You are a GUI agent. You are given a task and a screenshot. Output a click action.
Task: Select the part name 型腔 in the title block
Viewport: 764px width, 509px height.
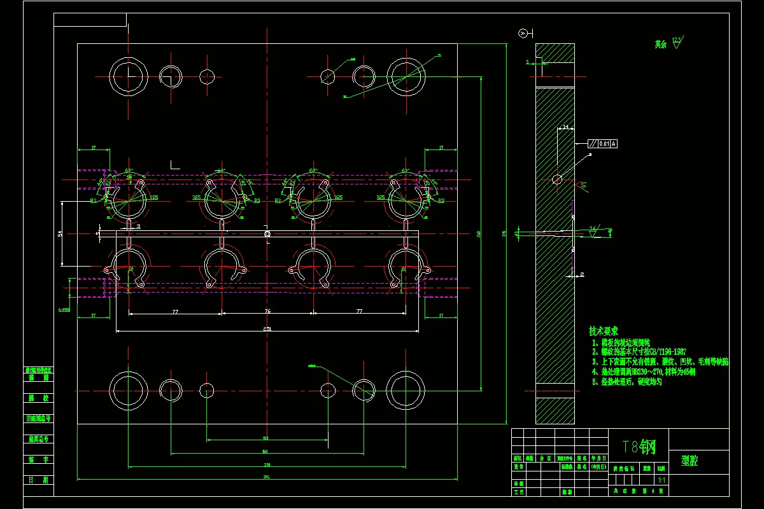pyautogui.click(x=689, y=461)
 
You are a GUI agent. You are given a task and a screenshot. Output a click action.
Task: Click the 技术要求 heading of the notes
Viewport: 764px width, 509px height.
pyautogui.click(x=604, y=331)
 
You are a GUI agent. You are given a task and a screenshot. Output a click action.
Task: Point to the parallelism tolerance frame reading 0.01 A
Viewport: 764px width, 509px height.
pyautogui.click(x=602, y=144)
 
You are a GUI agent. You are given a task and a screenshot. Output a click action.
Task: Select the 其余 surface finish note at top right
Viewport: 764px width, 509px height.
pyautogui.click(x=661, y=45)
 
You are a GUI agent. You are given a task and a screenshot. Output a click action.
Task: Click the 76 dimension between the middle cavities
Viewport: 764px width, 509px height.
pyautogui.click(x=267, y=311)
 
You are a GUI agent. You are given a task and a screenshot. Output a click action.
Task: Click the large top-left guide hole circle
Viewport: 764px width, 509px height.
pyautogui.click(x=129, y=76)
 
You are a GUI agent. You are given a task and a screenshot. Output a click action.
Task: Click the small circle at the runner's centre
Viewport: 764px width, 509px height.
pyautogui.click(x=267, y=234)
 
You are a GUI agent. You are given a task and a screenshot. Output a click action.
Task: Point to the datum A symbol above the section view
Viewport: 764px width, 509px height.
pyautogui.click(x=524, y=33)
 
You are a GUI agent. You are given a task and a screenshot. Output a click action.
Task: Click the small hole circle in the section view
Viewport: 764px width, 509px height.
pyautogui.click(x=557, y=179)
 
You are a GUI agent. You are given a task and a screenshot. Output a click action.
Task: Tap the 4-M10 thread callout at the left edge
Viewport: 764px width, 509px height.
pyautogui.click(x=64, y=310)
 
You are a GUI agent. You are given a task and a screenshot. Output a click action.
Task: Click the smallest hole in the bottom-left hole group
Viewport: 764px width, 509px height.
pyautogui.click(x=207, y=389)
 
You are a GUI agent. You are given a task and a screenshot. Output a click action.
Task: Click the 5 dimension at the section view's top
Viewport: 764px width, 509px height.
pyautogui.click(x=528, y=62)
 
